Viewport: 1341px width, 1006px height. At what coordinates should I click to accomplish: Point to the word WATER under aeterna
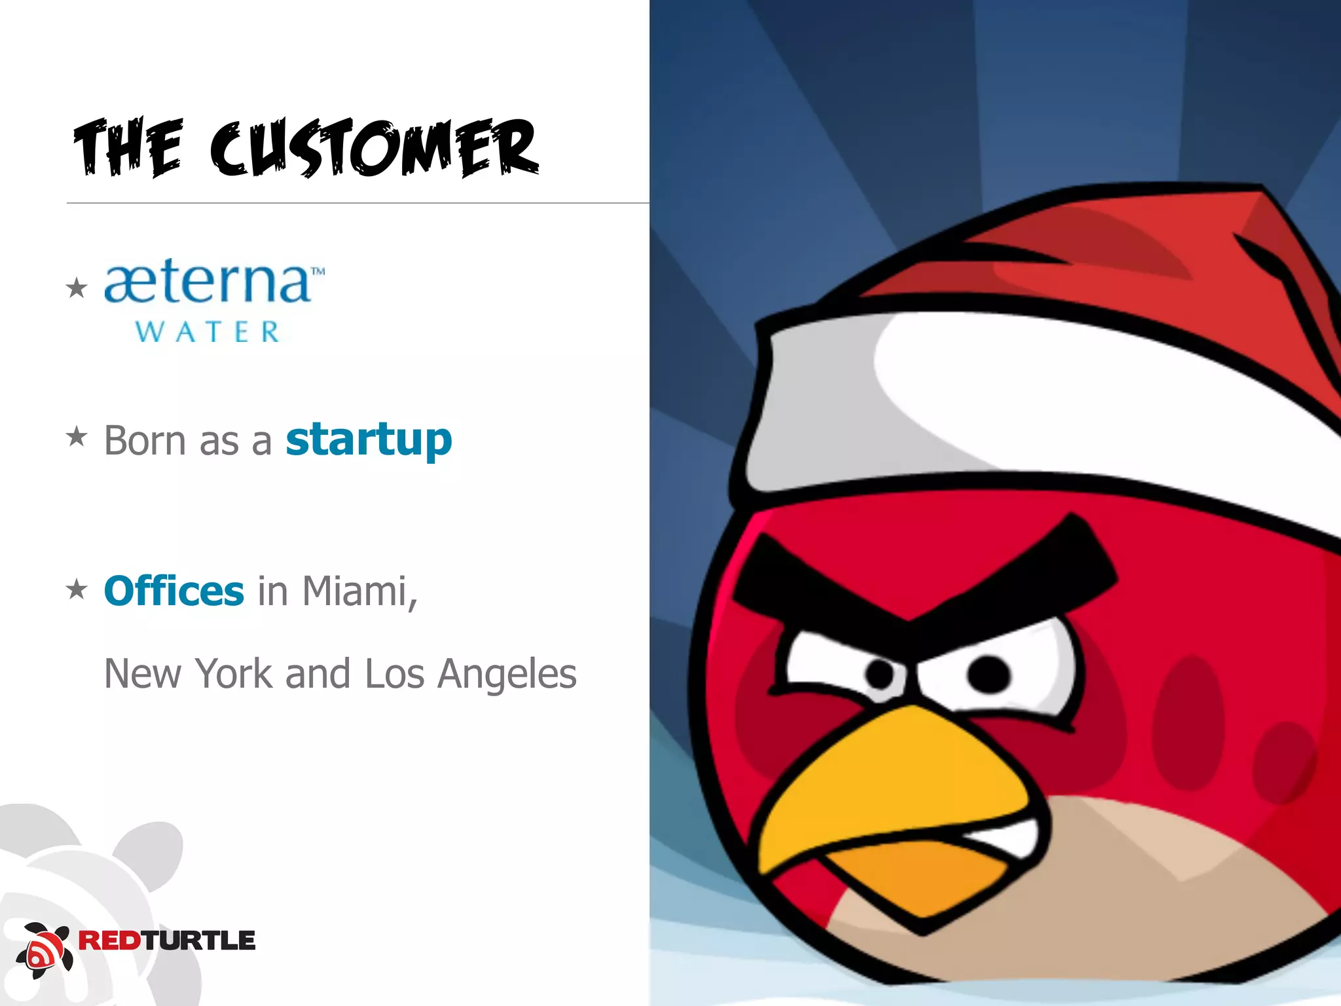(x=208, y=332)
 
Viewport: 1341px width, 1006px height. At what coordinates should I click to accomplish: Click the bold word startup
(x=369, y=440)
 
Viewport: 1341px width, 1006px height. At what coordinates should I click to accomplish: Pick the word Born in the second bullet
(x=145, y=440)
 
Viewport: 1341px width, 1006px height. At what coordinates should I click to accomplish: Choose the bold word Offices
(x=174, y=591)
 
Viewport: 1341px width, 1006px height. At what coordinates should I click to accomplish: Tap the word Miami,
(x=359, y=592)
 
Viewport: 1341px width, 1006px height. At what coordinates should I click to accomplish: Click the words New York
(x=189, y=673)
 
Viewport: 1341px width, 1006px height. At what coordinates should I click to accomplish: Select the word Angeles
(x=507, y=675)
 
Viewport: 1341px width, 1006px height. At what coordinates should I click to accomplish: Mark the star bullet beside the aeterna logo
(x=77, y=288)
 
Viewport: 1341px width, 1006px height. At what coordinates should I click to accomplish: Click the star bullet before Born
(x=77, y=436)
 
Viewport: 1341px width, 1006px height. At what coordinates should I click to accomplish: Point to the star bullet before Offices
(x=77, y=589)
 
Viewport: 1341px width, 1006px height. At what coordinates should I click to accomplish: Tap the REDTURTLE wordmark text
(x=167, y=941)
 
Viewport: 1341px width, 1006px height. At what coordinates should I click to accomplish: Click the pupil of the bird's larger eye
(x=988, y=674)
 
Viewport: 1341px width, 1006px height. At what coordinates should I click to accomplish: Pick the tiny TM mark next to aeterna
(x=318, y=270)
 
